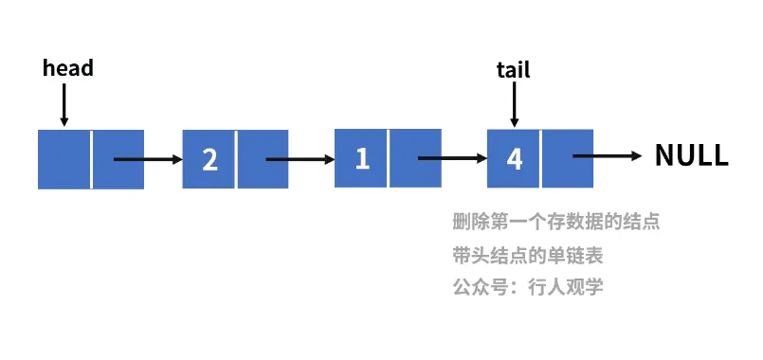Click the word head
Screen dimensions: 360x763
(68, 68)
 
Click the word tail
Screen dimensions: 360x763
(514, 69)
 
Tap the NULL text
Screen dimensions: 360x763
(691, 156)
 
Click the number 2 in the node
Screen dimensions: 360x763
(209, 159)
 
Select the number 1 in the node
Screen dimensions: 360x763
(361, 158)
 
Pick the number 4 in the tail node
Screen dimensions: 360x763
(514, 158)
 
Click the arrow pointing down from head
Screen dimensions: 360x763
(64, 104)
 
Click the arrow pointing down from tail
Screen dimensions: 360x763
(514, 104)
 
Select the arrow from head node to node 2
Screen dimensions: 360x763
(147, 159)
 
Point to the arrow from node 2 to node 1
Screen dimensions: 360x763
(300, 159)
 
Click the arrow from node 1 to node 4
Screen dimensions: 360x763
(451, 158)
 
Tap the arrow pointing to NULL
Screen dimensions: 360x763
(608, 157)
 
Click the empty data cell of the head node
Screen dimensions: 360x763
(64, 159)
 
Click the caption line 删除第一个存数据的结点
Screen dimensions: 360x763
(555, 224)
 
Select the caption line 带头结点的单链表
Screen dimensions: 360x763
(528, 256)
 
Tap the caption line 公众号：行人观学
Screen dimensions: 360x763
(528, 287)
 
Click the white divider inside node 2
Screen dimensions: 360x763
(236, 159)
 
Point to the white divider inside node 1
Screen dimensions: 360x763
(389, 158)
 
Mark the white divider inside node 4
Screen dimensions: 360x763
(541, 158)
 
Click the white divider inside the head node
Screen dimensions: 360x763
(92, 159)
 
